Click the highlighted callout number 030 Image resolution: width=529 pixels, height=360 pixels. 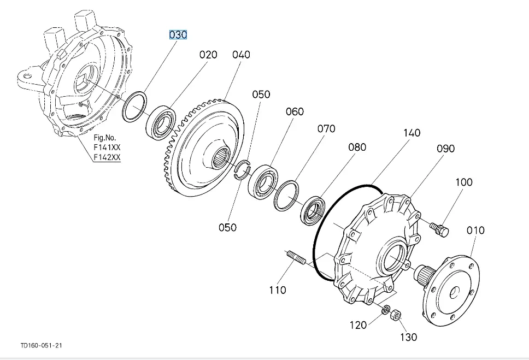click(x=178, y=35)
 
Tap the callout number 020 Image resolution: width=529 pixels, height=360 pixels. click(x=208, y=55)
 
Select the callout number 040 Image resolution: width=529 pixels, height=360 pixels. click(x=241, y=55)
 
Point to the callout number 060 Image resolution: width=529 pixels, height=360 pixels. click(x=294, y=112)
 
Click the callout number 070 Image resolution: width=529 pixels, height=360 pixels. click(x=326, y=129)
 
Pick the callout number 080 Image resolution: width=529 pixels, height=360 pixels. click(x=357, y=147)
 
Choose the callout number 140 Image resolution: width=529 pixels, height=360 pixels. click(x=412, y=133)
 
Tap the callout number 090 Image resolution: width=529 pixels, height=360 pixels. click(x=445, y=149)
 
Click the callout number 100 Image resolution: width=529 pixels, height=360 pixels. click(x=463, y=182)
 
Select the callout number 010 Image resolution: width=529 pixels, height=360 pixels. click(x=475, y=230)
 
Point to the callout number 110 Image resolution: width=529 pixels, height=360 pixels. click(x=278, y=290)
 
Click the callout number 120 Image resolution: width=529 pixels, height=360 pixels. click(x=358, y=326)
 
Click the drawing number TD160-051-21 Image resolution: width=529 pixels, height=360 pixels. click(x=40, y=346)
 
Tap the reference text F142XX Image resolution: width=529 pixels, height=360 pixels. click(x=107, y=158)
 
